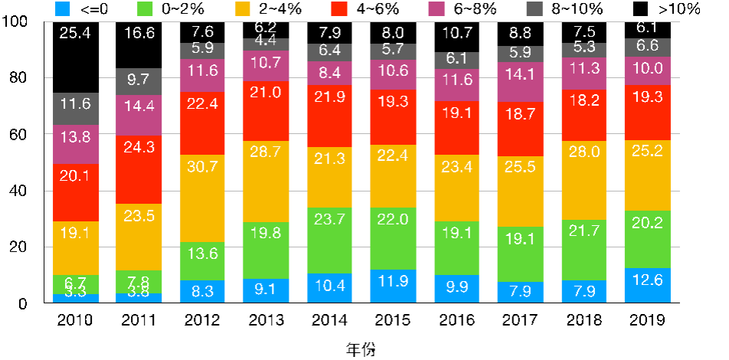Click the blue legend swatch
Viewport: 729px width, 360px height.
pos(63,8)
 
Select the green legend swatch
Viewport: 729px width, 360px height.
pos(145,8)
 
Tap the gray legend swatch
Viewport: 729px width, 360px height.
pos(534,8)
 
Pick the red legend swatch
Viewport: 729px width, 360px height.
pos(339,8)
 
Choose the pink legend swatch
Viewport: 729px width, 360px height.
pos(436,8)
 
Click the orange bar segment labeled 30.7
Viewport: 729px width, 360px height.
pos(203,198)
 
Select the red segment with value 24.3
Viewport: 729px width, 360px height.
pos(139,169)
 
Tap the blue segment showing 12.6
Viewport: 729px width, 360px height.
pos(647,285)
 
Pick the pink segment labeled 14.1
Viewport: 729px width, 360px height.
pos(520,82)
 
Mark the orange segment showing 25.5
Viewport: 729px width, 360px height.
pos(520,191)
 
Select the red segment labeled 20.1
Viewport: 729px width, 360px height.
pos(76,192)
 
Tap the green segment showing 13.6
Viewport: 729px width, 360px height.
pos(203,260)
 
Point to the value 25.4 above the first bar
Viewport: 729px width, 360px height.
pos(76,33)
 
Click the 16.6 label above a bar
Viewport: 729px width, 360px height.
pos(139,33)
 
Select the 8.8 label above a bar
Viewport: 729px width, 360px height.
pos(520,33)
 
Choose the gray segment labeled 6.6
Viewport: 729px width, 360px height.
pos(647,47)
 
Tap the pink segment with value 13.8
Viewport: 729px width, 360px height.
pos(76,144)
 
